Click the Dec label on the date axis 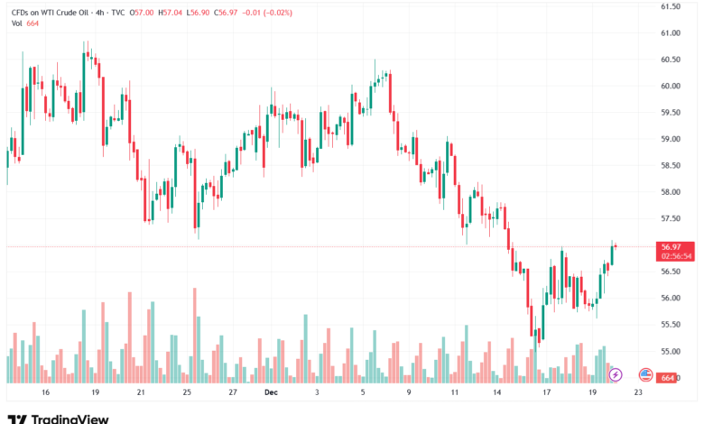(272, 393)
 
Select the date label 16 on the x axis (46, 393)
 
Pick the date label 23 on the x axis (638, 393)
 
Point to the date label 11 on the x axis (457, 393)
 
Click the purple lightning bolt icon (616, 373)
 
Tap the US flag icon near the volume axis (644, 373)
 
